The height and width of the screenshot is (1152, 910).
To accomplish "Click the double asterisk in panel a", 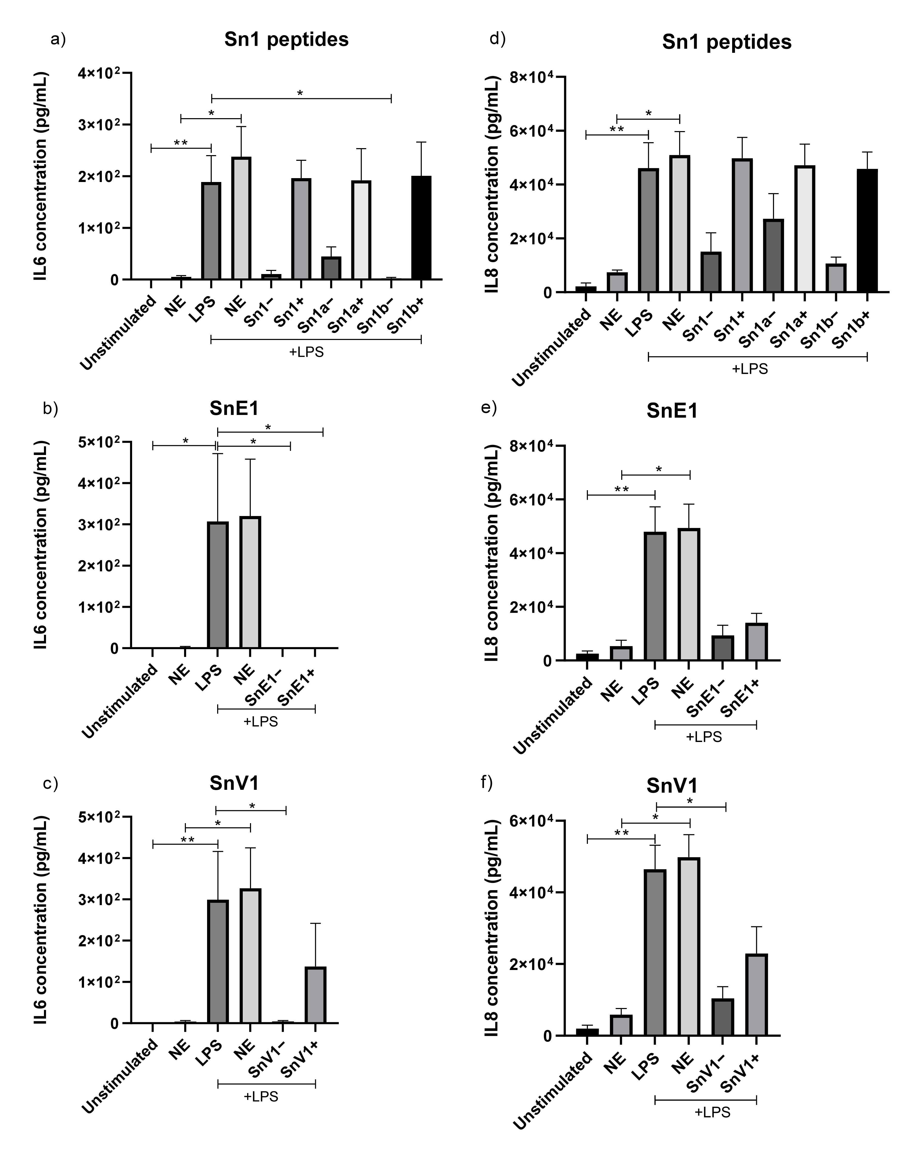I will (181, 143).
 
